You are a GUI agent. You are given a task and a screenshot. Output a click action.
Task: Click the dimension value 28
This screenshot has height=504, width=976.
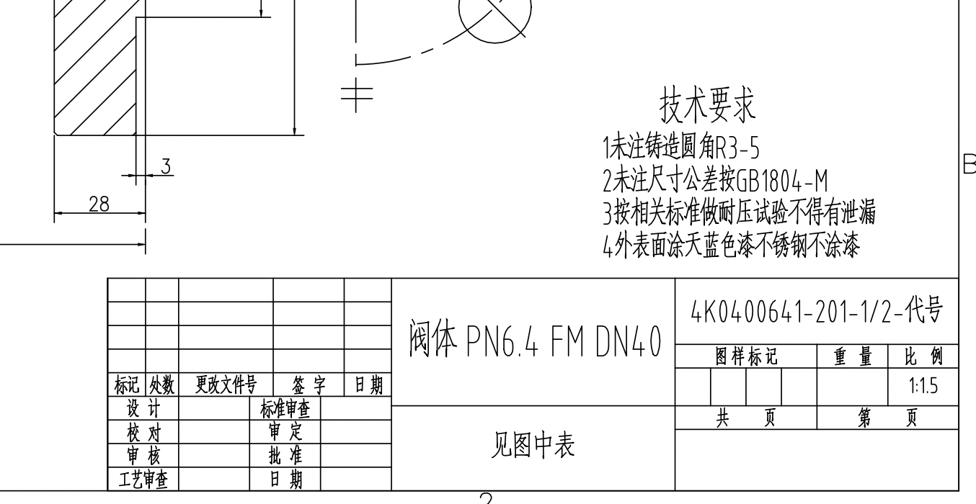(99, 204)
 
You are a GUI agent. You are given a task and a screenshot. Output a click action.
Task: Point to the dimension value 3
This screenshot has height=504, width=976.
(165, 166)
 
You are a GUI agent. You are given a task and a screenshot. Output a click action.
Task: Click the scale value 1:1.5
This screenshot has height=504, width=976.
(923, 387)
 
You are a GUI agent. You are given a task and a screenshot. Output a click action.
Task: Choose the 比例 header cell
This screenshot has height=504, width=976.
(923, 356)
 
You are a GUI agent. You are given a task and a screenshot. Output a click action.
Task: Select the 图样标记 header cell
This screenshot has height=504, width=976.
(746, 356)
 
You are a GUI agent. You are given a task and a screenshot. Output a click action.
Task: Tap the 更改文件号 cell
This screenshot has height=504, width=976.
(225, 384)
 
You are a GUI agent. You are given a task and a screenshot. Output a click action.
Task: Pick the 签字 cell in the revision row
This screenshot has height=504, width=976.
(309, 384)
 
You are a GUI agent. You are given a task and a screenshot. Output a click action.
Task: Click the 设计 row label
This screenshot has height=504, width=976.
(143, 409)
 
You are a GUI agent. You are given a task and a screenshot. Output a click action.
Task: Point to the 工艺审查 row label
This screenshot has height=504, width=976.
(143, 479)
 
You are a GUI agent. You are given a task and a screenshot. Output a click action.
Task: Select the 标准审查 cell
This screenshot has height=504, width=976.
(285, 409)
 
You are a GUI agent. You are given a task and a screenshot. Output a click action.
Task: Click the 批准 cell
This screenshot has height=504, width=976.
(285, 455)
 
